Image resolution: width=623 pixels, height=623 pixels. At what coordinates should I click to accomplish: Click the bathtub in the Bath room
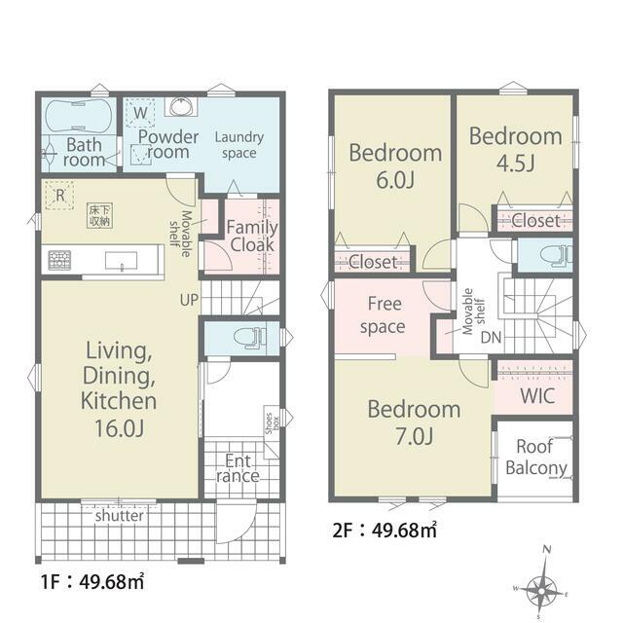coord(78,116)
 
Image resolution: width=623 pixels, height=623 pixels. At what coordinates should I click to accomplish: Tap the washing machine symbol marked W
coord(140,113)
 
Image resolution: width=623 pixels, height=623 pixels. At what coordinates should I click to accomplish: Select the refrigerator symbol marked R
coord(59,195)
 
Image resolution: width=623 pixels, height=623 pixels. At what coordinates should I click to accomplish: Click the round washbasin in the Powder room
coord(181,106)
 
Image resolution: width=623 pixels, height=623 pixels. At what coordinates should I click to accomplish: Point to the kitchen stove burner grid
coord(59,260)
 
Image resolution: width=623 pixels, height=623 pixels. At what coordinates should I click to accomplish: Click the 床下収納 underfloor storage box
coord(99,216)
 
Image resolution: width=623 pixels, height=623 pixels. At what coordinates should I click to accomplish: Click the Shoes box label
coord(272,423)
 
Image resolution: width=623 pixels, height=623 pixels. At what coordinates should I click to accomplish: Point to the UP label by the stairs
coord(189,300)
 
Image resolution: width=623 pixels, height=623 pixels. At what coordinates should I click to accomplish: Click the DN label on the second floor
coord(491,338)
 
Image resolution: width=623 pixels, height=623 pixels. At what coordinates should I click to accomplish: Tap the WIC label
coord(537,396)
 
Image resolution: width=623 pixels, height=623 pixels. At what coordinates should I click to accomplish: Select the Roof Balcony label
coord(535,458)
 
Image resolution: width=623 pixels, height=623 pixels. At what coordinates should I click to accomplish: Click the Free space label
coord(383,315)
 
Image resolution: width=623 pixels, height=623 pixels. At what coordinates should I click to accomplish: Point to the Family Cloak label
coord(252,236)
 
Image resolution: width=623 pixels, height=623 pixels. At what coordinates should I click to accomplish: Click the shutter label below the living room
coord(119,516)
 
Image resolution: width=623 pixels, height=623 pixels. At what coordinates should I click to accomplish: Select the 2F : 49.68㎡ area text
coord(385,530)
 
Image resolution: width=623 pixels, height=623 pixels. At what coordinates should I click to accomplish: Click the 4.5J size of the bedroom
coord(516,163)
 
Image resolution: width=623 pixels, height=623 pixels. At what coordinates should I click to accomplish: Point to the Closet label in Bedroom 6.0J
coord(373,262)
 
